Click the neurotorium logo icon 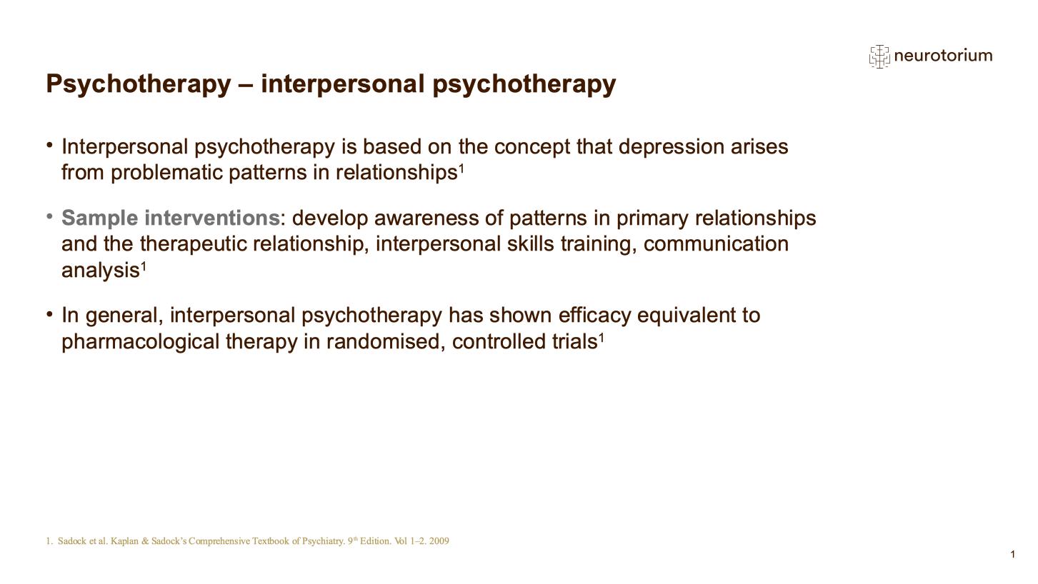[x=879, y=56]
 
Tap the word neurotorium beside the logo [x=943, y=56]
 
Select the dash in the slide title [x=245, y=84]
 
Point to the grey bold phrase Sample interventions [x=171, y=218]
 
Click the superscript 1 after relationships [x=461, y=168]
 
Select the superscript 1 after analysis [x=144, y=266]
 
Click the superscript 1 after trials [x=602, y=338]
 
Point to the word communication [x=716, y=244]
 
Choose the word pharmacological [x=141, y=342]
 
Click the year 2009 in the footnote [x=439, y=541]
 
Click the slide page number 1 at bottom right [x=1012, y=555]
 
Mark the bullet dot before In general [x=50, y=314]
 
